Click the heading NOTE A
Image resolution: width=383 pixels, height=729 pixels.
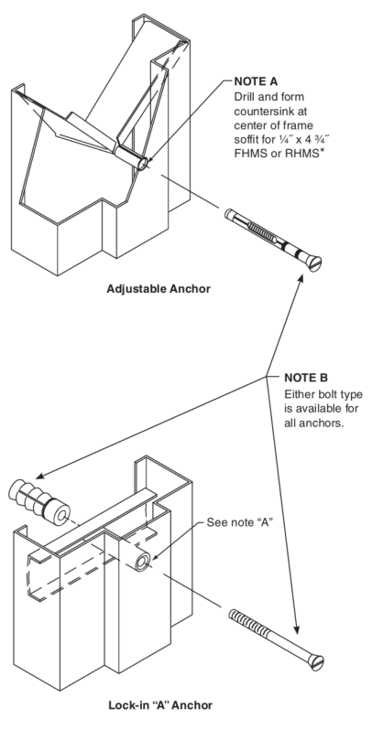click(256, 81)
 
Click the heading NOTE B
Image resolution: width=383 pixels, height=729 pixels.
click(306, 378)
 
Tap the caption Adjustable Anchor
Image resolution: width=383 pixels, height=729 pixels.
click(159, 289)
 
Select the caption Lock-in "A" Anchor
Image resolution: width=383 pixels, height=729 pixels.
click(160, 705)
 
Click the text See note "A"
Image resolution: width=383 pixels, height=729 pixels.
click(239, 522)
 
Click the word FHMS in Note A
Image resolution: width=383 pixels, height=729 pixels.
click(248, 154)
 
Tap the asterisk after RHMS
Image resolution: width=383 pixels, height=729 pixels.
click(321, 152)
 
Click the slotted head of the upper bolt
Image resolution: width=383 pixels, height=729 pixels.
click(314, 263)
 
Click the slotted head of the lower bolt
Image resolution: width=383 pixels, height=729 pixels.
click(317, 662)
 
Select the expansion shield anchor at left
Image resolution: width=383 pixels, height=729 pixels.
click(38, 502)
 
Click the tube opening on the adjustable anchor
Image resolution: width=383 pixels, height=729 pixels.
click(142, 163)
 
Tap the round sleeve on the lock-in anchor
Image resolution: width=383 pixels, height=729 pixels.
click(143, 563)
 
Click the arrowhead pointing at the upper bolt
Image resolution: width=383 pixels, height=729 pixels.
click(301, 278)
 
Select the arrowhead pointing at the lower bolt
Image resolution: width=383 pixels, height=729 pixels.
click(296, 629)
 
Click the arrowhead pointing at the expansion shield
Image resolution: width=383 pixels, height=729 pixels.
click(40, 476)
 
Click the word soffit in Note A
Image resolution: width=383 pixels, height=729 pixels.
click(248, 139)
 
